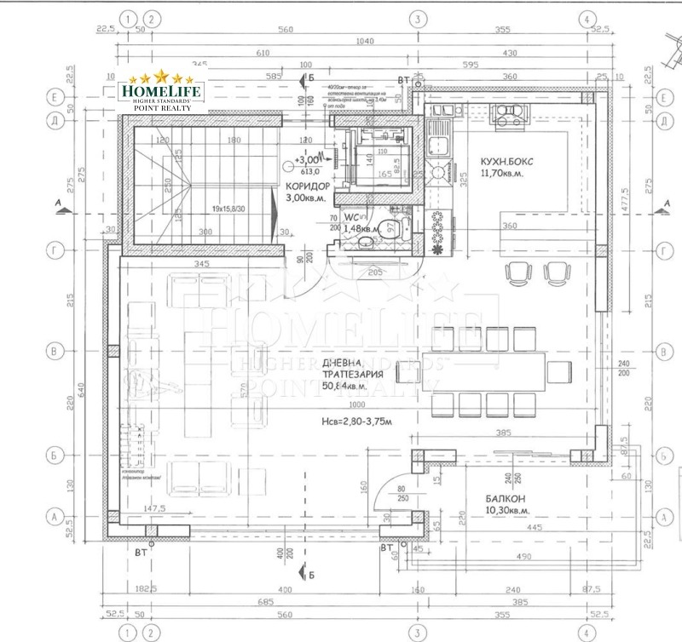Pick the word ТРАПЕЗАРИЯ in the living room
[x=351, y=374]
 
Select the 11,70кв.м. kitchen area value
[x=501, y=173]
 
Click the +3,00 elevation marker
[x=305, y=159]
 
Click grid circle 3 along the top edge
[x=417, y=18]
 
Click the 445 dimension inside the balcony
[x=535, y=528]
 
